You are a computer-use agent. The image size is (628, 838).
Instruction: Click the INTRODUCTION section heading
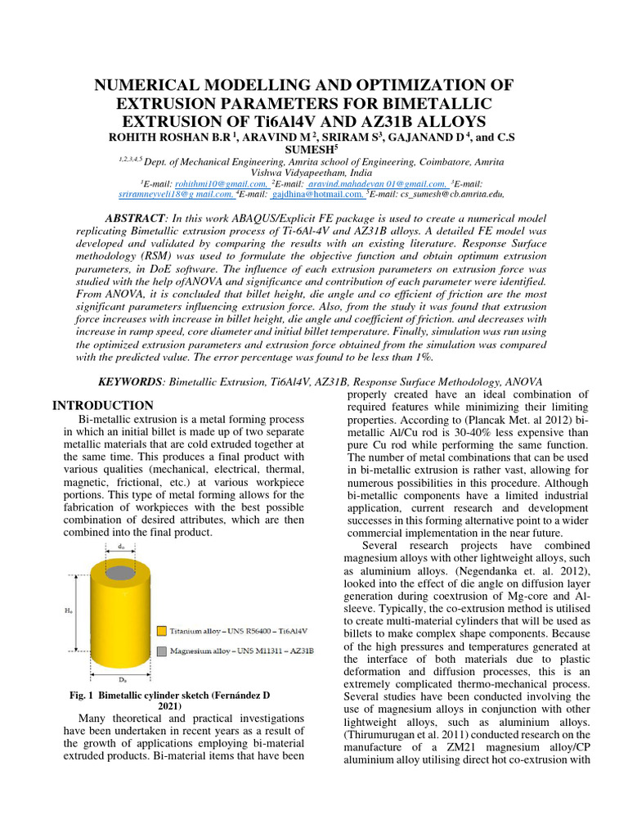[x=103, y=406]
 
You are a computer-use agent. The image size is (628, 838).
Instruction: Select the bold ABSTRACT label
[x=137, y=219]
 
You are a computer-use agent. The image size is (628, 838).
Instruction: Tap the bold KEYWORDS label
[x=131, y=382]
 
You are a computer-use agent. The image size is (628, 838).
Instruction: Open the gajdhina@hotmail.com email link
[x=318, y=196]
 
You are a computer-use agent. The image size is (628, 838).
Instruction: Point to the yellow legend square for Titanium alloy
[x=163, y=631]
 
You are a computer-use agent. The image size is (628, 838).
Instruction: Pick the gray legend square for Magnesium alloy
[x=163, y=651]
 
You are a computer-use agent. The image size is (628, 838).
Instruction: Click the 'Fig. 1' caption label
[x=83, y=696]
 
